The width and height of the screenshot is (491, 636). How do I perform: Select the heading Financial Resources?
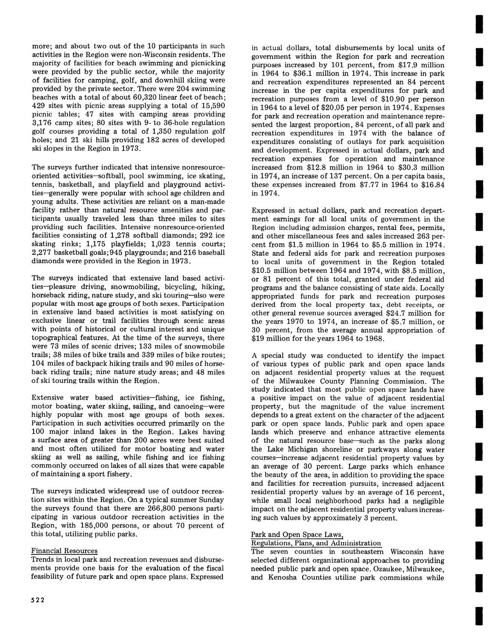[64, 551]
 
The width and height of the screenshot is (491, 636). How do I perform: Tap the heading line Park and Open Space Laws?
[297, 535]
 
